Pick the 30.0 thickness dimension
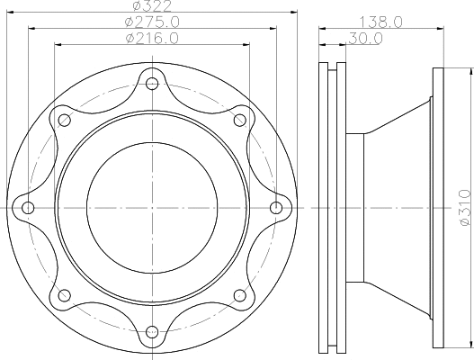coord(364,39)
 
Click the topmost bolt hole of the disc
coord(151,85)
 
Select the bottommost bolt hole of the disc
coord(151,331)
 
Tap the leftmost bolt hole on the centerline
coord(28,208)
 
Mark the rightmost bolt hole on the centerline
coord(274,208)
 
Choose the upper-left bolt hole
coord(64,121)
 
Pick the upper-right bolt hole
coord(238,121)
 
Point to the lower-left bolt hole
coord(64,295)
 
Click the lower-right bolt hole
coord(238,295)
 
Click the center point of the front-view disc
coord(151,208)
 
